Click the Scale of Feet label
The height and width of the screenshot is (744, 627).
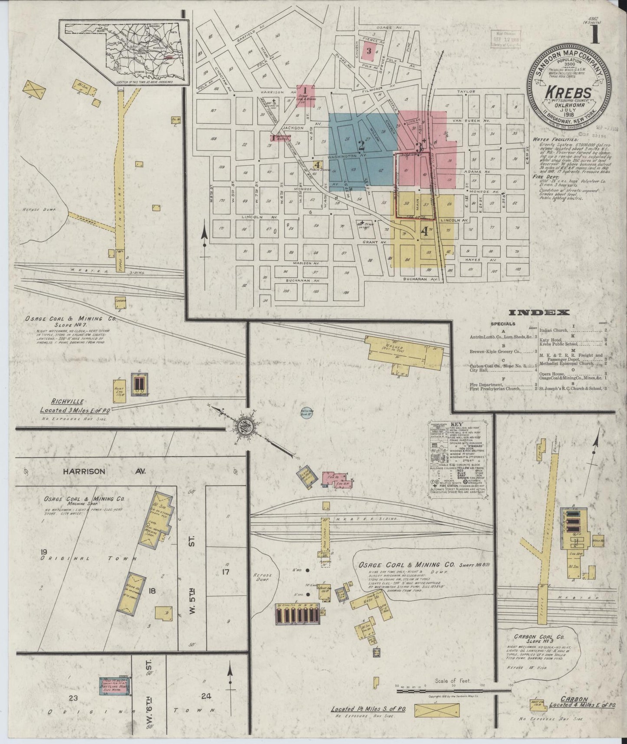tap(452, 681)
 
